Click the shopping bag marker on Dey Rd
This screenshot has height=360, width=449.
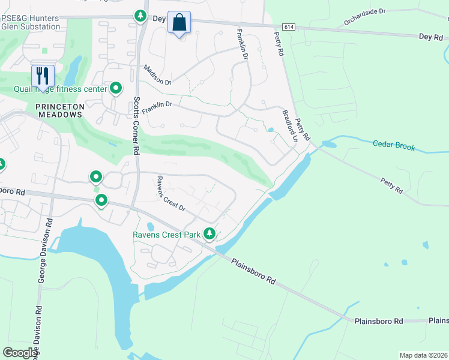click(x=179, y=23)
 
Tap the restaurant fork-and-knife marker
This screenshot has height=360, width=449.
click(x=42, y=76)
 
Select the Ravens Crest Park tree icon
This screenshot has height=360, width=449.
click(x=209, y=233)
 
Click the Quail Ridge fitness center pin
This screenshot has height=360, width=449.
click(x=116, y=89)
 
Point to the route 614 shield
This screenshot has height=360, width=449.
click(x=288, y=27)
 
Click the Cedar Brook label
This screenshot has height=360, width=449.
click(x=394, y=145)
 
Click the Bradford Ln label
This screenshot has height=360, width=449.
click(x=289, y=125)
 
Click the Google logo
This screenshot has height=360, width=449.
click(x=20, y=353)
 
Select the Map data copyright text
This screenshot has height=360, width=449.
click(x=423, y=355)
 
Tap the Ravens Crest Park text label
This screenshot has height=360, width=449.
click(x=166, y=235)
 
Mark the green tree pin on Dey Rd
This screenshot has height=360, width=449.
click(x=140, y=15)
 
